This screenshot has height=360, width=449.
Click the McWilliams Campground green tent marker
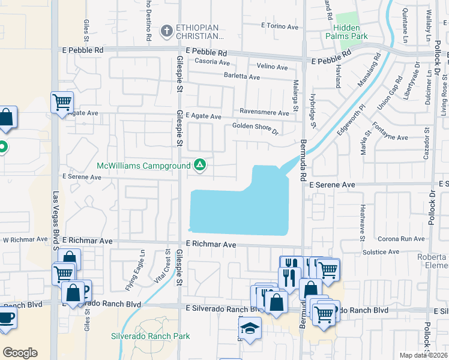pos(200,164)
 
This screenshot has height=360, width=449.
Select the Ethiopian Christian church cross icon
pos(167,31)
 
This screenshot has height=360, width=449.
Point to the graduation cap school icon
pos(250,329)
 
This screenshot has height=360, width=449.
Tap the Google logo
pos(20,352)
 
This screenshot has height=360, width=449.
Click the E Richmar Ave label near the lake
pos(209,245)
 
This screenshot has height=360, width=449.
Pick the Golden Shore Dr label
pos(256,128)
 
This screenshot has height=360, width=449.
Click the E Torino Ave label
pos(280,26)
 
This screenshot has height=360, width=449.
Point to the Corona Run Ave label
pos(401,239)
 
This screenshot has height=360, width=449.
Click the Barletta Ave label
pos(242,77)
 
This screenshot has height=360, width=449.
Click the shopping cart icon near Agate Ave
pos(62,103)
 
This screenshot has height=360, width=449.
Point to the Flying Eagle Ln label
pos(134,277)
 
